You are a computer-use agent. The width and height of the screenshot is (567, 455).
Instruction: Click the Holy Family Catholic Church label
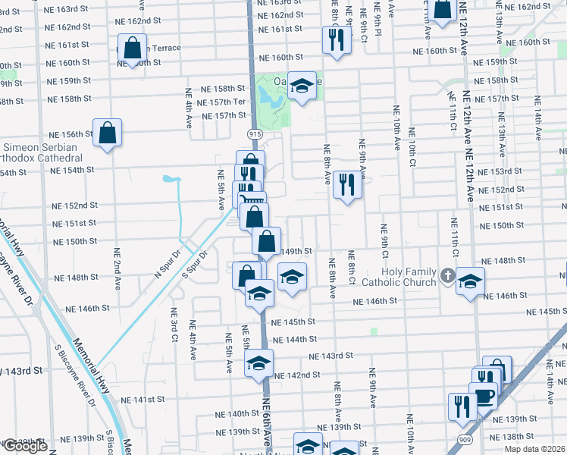coord(398,277)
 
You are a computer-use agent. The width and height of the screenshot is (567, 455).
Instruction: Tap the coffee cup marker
coord(483,396)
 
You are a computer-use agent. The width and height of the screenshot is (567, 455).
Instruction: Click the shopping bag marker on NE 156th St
coord(108,133)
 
